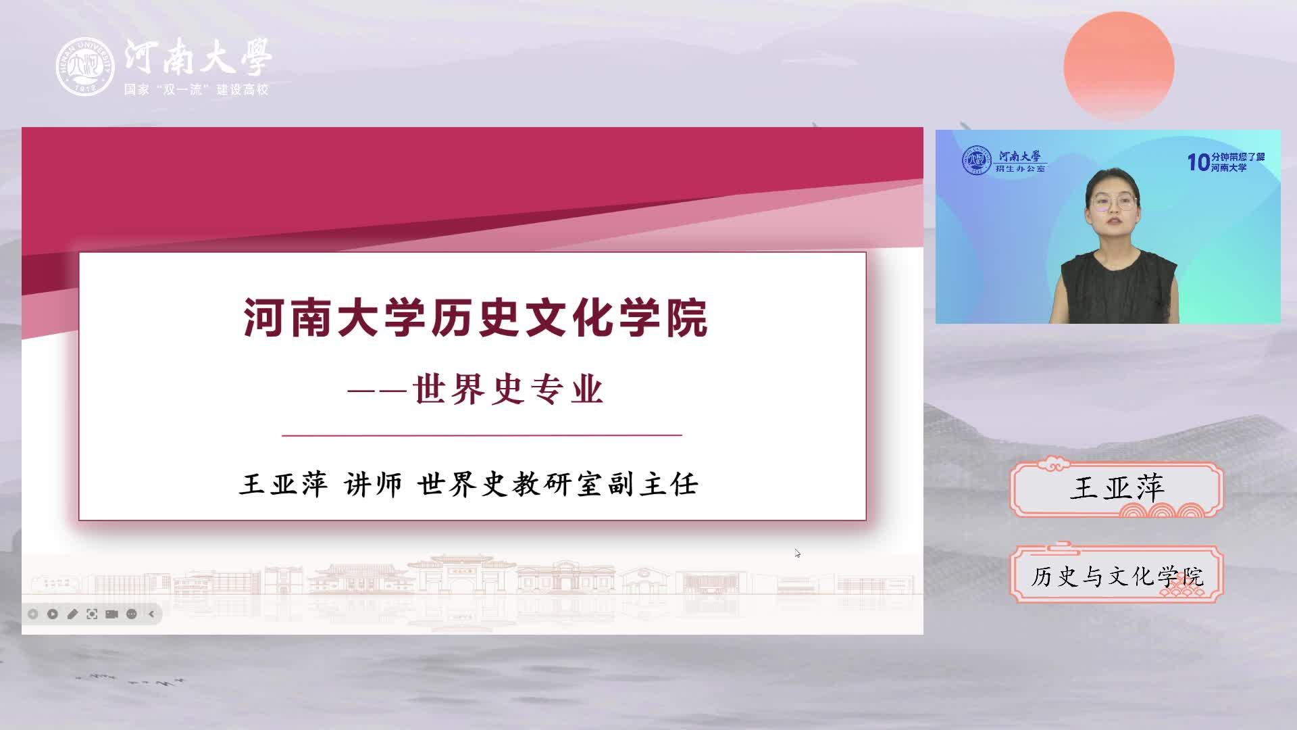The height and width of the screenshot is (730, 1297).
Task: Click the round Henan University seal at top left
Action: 85,66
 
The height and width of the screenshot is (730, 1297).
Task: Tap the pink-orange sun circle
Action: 1119,66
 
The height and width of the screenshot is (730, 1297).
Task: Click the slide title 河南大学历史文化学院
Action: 476,318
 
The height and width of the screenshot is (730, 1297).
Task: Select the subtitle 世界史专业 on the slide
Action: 508,390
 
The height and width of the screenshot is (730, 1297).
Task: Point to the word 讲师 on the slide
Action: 373,484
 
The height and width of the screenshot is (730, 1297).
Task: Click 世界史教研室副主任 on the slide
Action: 558,484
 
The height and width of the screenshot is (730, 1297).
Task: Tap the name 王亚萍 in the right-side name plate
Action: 1117,487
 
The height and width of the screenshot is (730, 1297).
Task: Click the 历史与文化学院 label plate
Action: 1117,575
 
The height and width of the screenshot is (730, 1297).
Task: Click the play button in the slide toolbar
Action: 53,614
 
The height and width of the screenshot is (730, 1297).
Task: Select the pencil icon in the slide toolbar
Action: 72,614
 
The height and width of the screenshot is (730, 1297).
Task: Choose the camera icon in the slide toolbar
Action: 112,614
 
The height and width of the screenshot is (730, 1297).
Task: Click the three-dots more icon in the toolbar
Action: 132,614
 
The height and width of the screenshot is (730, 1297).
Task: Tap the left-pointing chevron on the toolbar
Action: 151,614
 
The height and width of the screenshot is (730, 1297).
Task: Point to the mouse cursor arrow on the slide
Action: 798,553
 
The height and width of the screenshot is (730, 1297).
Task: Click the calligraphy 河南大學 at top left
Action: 198,56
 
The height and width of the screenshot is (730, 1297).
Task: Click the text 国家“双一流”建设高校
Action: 196,90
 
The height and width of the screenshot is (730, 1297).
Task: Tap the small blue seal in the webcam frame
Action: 977,161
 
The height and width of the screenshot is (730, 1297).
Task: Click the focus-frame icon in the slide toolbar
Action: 92,614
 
